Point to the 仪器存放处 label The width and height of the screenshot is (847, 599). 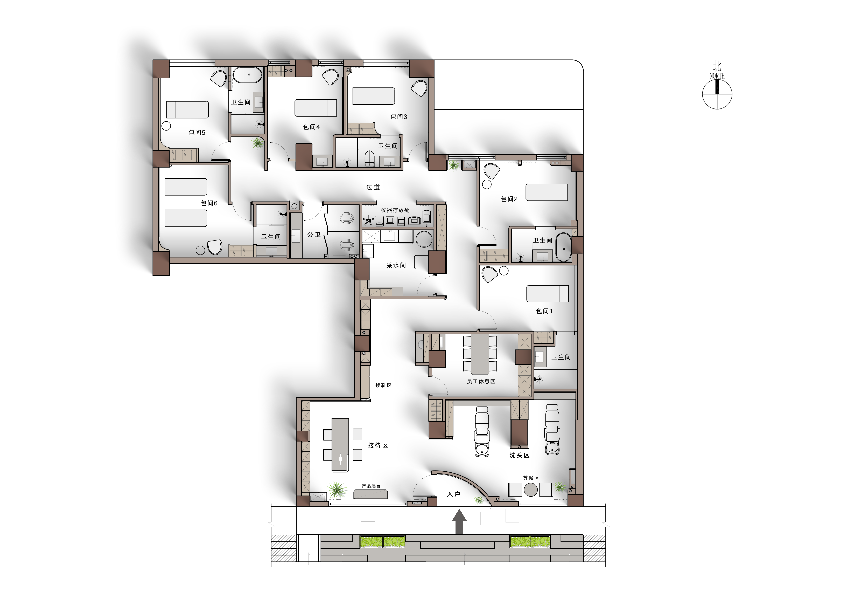pyautogui.click(x=395, y=210)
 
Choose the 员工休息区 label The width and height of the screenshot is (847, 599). pyautogui.click(x=481, y=381)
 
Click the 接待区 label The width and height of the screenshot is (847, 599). pyautogui.click(x=378, y=445)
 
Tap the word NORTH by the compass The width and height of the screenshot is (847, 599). pyautogui.click(x=717, y=76)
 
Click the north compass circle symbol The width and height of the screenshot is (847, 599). pyautogui.click(x=717, y=94)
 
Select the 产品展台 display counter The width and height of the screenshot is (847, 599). pyautogui.click(x=370, y=494)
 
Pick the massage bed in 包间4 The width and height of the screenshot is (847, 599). pyautogui.click(x=315, y=108)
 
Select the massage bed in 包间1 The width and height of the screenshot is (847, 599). pyautogui.click(x=547, y=294)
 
